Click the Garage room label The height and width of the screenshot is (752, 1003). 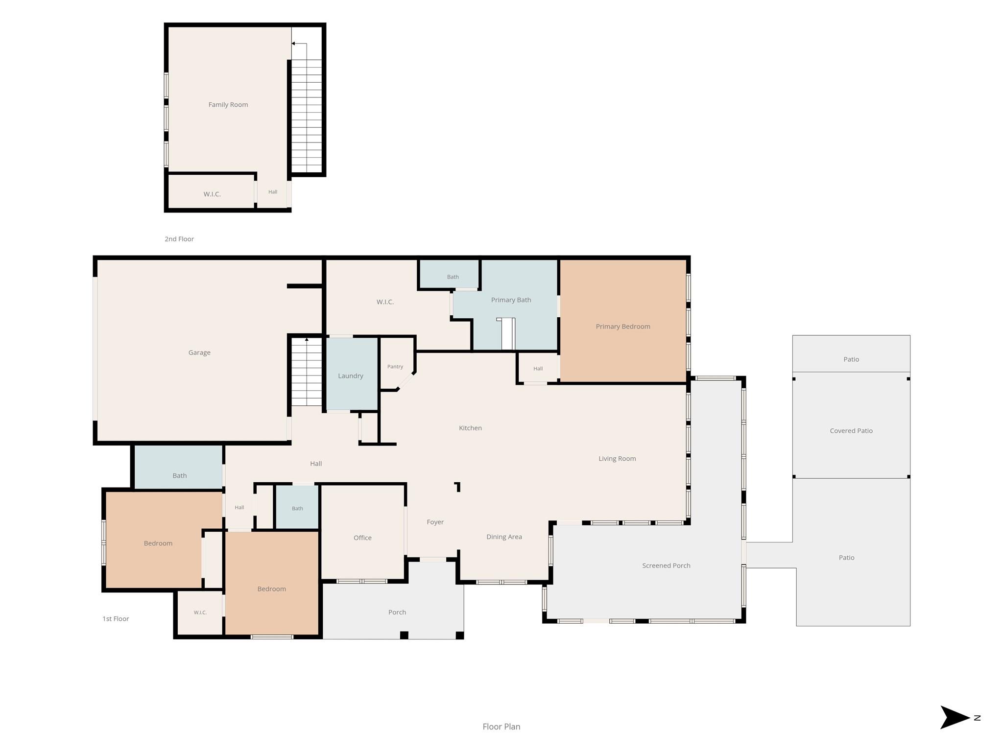[199, 352]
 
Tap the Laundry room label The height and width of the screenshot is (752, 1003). [351, 376]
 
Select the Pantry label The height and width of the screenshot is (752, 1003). [395, 367]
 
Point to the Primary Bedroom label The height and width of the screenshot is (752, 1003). [623, 327]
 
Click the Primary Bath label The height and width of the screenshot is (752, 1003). [511, 300]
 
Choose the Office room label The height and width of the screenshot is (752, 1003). [362, 538]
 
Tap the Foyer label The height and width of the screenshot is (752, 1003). [435, 522]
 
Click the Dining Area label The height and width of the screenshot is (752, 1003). [504, 537]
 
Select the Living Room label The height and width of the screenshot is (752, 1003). [617, 459]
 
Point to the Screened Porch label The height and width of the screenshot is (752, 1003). [666, 565]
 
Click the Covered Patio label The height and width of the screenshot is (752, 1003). [851, 431]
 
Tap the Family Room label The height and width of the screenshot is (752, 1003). [228, 105]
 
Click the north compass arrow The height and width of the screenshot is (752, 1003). [955, 718]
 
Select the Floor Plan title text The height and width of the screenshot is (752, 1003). [501, 727]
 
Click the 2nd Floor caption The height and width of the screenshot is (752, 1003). [179, 239]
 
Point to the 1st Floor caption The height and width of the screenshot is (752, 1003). [116, 619]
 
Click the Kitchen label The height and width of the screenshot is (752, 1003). [470, 428]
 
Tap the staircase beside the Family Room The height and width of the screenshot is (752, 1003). [307, 116]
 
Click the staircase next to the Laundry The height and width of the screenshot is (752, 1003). [307, 372]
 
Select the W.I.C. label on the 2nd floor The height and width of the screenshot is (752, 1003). [212, 194]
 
